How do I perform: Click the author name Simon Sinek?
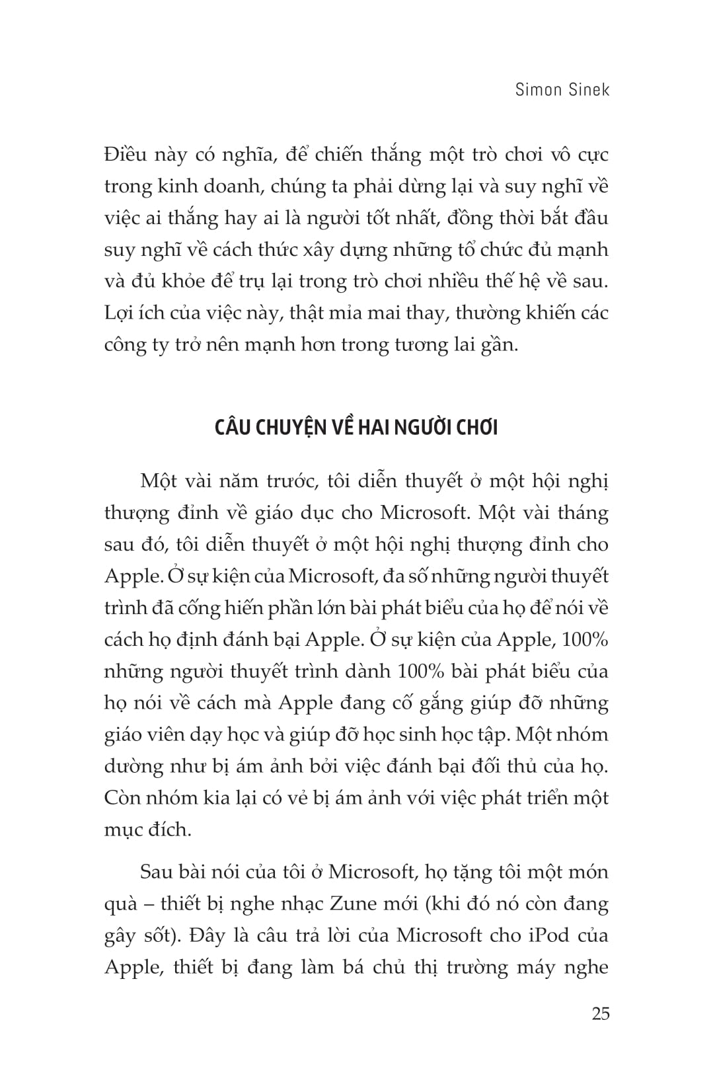pos(562,89)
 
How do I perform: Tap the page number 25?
pos(600,1013)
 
